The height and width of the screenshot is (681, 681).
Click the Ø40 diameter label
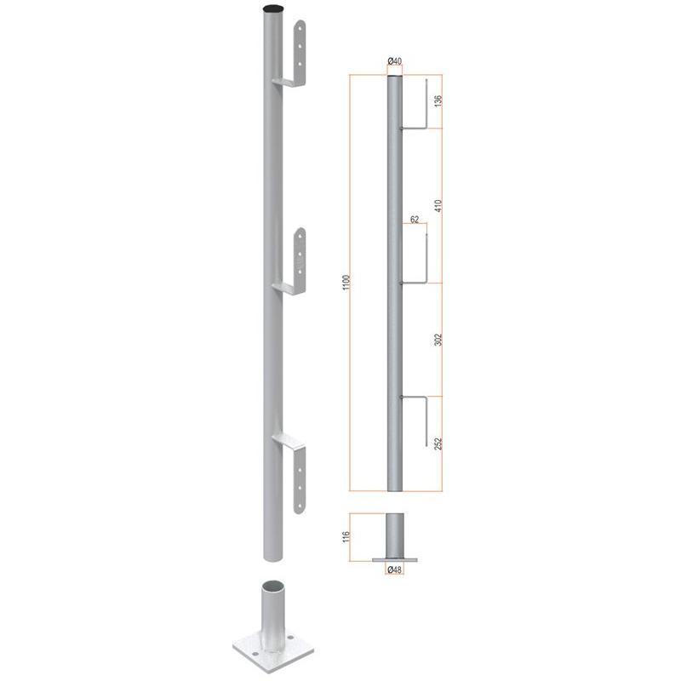pyautogui.click(x=394, y=61)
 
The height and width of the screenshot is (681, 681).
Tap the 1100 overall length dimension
pyautogui.click(x=346, y=283)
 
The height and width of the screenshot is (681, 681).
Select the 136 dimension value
pyautogui.click(x=438, y=100)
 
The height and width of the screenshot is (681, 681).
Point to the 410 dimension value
pyautogui.click(x=438, y=205)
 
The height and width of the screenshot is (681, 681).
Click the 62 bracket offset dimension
pyautogui.click(x=415, y=220)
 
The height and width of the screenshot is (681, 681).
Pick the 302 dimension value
pyautogui.click(x=438, y=340)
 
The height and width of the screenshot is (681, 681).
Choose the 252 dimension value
pyautogui.click(x=438, y=444)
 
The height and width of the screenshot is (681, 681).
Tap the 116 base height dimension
pyautogui.click(x=346, y=537)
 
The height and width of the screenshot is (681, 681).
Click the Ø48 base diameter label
pyautogui.click(x=394, y=569)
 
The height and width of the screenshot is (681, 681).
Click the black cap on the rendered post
pyautogui.click(x=273, y=9)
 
